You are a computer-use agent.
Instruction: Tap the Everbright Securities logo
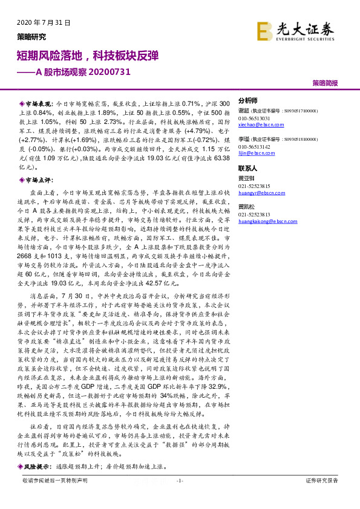[295, 31]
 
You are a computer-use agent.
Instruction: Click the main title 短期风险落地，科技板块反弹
[88, 56]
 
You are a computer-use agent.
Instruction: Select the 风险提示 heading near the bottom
[38, 467]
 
